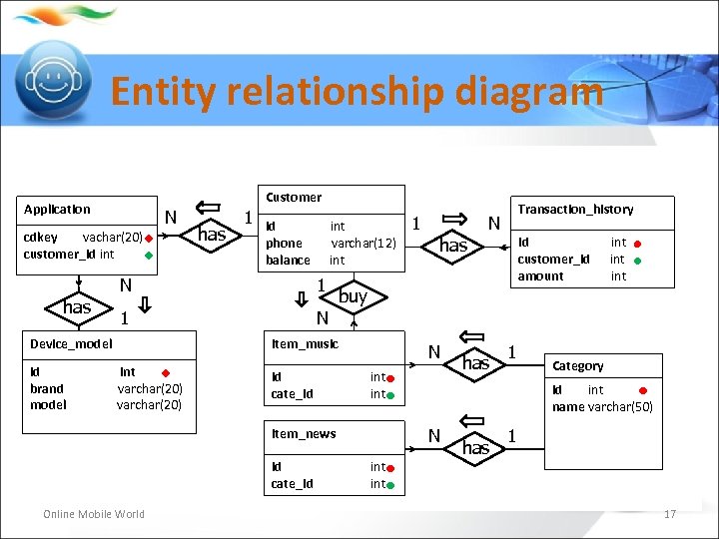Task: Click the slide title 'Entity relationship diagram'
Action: (x=357, y=92)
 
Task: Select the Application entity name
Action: (x=57, y=210)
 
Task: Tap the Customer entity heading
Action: (x=294, y=198)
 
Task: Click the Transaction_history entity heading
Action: (x=575, y=210)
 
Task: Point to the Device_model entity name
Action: (x=71, y=344)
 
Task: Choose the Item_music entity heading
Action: (x=305, y=344)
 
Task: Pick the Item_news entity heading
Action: (x=304, y=434)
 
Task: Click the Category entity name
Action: (x=578, y=366)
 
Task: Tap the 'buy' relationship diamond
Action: (x=353, y=296)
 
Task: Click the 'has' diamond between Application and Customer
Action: (x=212, y=235)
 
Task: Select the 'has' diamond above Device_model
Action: (x=77, y=307)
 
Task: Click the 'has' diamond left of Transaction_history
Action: (x=453, y=246)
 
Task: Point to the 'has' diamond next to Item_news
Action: (x=475, y=448)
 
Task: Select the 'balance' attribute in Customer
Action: (x=288, y=261)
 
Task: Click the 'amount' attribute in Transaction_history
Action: (x=540, y=276)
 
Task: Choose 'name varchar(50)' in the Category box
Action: (x=602, y=406)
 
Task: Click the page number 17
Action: (x=670, y=514)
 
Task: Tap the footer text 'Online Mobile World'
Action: (x=94, y=514)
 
